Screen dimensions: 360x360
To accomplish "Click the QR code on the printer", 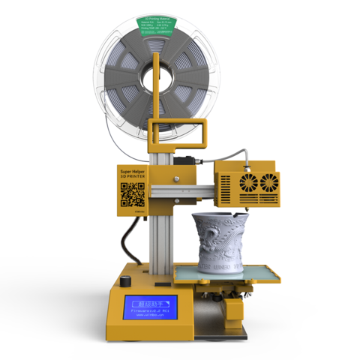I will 133,195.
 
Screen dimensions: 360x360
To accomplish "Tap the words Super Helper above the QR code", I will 132,172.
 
